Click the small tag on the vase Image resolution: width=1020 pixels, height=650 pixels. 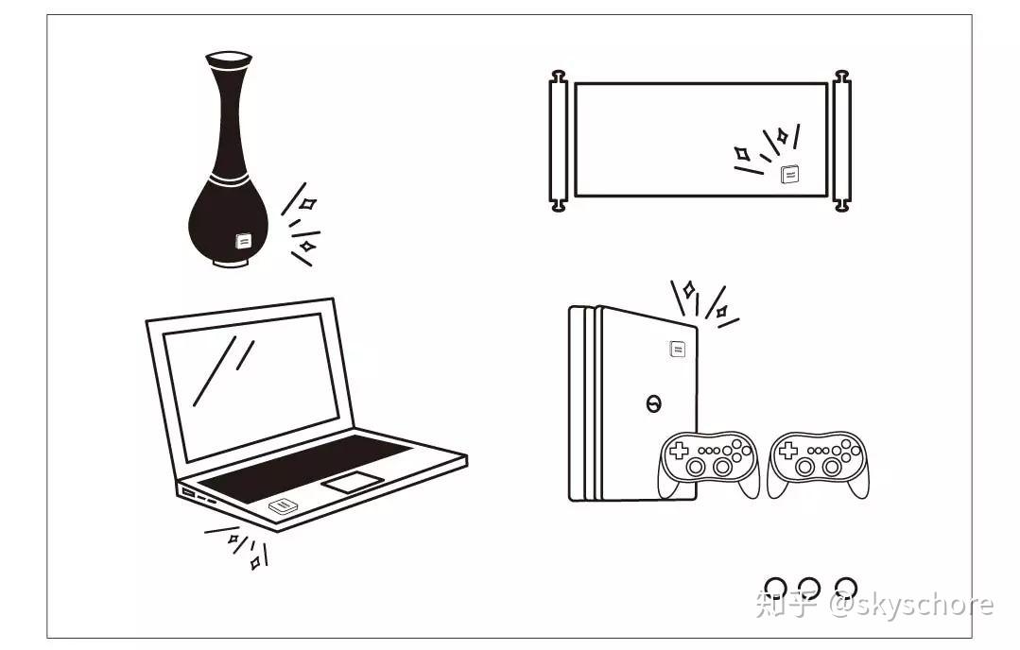pyautogui.click(x=244, y=241)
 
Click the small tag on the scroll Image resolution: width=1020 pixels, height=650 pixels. pyautogui.click(x=790, y=174)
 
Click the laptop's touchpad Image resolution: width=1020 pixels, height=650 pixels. pyautogui.click(x=352, y=482)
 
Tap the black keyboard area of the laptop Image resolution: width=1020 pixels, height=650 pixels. pyautogui.click(x=303, y=469)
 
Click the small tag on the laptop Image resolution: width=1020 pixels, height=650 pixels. pyautogui.click(x=283, y=506)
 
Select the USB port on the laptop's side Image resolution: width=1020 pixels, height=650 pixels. pyautogui.click(x=187, y=493)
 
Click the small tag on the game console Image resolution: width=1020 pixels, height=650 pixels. pyautogui.click(x=678, y=350)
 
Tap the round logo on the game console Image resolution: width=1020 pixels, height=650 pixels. pyautogui.click(x=653, y=404)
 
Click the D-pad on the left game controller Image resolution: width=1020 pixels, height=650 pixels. pyautogui.click(x=679, y=451)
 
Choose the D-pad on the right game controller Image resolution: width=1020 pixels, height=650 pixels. pyautogui.click(x=787, y=451)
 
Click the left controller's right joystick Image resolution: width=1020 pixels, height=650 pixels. pyautogui.click(x=723, y=467)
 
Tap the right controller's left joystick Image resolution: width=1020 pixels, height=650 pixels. pyautogui.click(x=804, y=467)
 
